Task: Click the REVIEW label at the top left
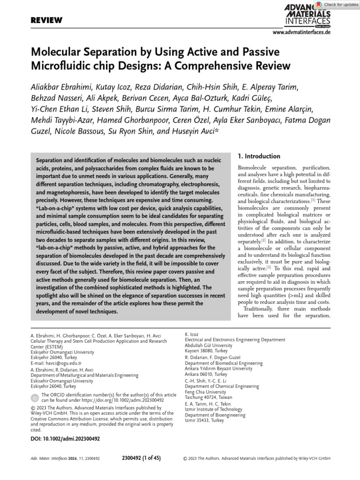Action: click(46, 20)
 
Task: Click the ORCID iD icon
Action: click(35, 398)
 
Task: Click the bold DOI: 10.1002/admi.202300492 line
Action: click(65, 439)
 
